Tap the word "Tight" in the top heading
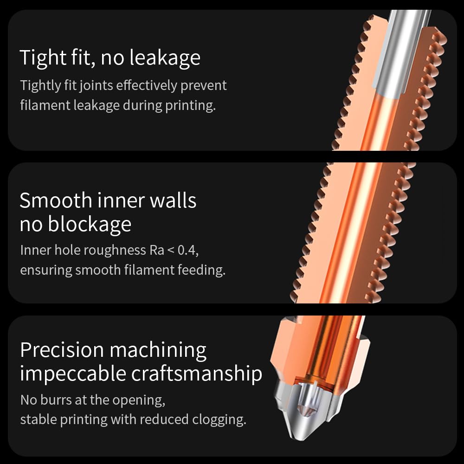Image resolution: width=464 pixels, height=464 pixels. [41, 58]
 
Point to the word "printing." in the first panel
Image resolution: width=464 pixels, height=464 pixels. [190, 105]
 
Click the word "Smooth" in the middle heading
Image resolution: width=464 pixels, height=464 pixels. [56, 200]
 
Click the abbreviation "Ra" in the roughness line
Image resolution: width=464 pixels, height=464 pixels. [156, 250]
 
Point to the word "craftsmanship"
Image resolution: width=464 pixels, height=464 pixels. [197, 374]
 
